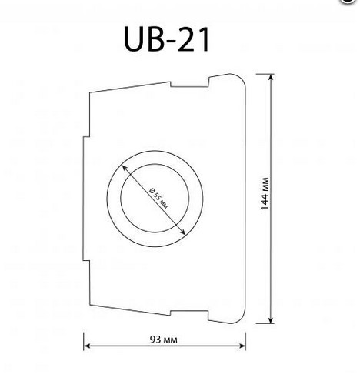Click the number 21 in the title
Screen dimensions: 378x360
[x=190, y=39]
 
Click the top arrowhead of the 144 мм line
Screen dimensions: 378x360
[x=272, y=77]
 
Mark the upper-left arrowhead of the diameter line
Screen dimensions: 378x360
[x=125, y=168]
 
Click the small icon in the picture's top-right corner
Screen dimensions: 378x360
[x=353, y=2]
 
